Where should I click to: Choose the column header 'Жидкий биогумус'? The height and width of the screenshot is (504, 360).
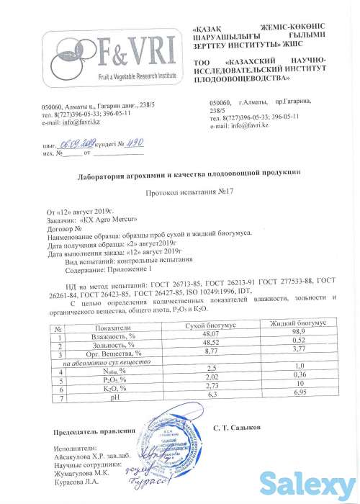pyautogui.click(x=297, y=325)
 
